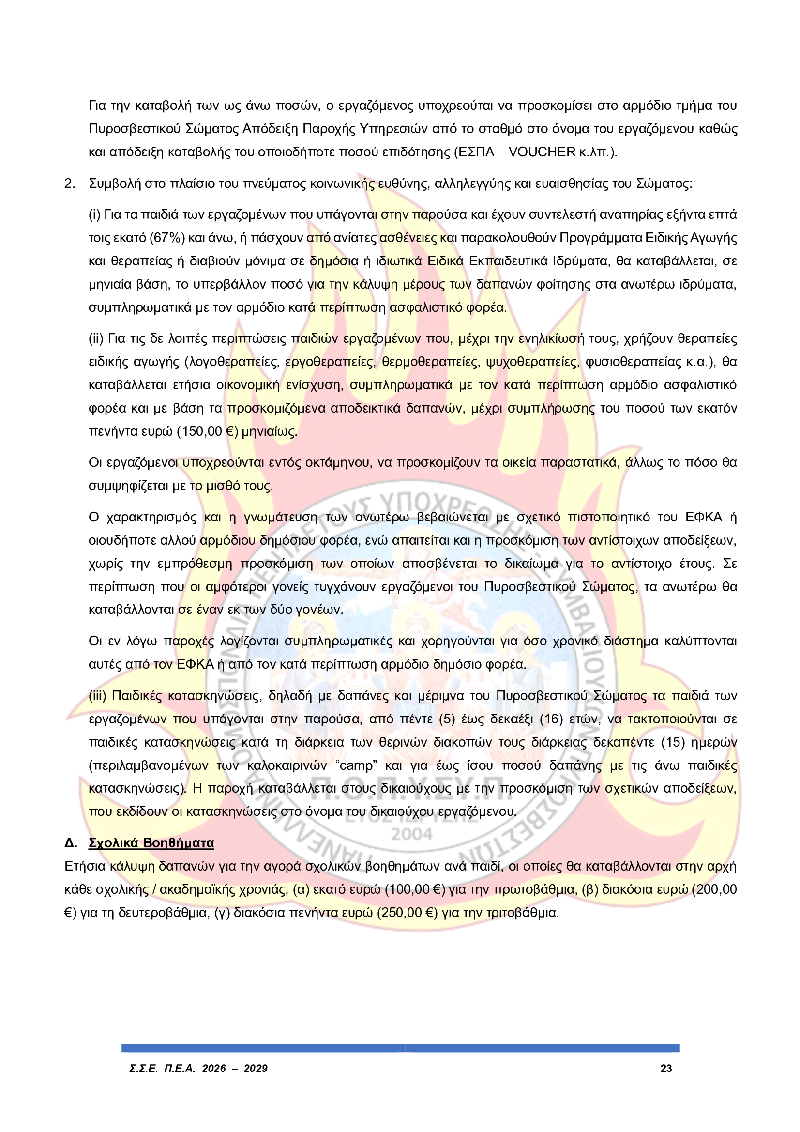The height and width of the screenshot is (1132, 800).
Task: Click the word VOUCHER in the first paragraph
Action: [x=542, y=152]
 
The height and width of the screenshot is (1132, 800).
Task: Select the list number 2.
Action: [x=70, y=184]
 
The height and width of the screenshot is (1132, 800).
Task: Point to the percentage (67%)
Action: [x=167, y=238]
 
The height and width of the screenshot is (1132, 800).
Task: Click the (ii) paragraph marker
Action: [x=96, y=338]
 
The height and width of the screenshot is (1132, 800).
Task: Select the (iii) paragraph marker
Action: [x=98, y=696]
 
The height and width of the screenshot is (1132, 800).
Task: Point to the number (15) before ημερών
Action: [x=672, y=742]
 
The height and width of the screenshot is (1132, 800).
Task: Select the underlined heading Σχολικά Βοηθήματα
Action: [x=151, y=842]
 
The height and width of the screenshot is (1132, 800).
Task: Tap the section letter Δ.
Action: [x=71, y=842]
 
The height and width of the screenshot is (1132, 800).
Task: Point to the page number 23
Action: [x=666, y=1069]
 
